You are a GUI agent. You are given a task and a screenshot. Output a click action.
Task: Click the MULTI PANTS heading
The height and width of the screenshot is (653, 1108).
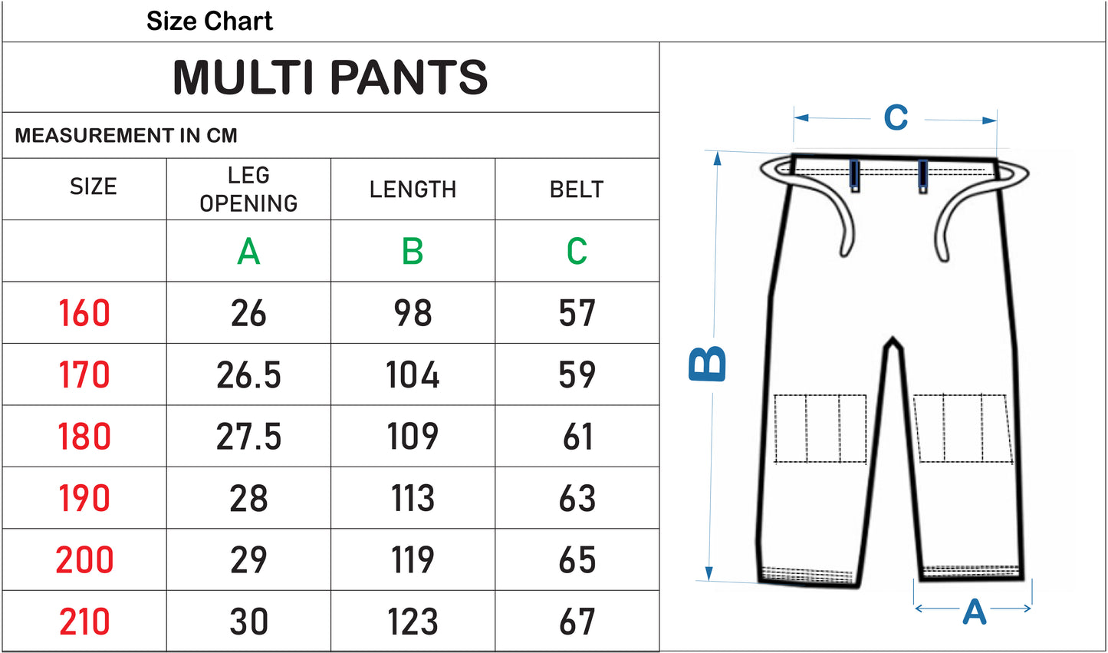pyautogui.click(x=330, y=78)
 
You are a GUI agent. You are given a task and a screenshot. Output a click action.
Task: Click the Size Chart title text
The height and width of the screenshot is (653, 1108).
pyautogui.click(x=209, y=21)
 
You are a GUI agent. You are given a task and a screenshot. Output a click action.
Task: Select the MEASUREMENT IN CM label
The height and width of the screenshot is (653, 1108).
pyautogui.click(x=127, y=136)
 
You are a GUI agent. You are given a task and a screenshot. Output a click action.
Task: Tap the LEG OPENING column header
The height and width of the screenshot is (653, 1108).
pyautogui.click(x=248, y=189)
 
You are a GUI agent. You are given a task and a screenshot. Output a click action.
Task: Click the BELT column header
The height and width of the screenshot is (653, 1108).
pyautogui.click(x=577, y=190)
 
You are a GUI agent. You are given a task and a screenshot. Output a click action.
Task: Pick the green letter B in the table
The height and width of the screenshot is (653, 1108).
pyautogui.click(x=413, y=251)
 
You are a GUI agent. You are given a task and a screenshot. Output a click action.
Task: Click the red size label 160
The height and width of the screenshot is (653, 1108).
pyautogui.click(x=84, y=313)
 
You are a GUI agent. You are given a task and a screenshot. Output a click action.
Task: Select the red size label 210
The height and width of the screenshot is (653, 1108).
pyautogui.click(x=84, y=622)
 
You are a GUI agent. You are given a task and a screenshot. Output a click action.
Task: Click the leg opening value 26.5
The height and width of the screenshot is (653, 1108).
pyautogui.click(x=248, y=375)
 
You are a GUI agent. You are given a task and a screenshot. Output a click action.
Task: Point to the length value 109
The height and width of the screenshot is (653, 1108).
pyautogui.click(x=413, y=437)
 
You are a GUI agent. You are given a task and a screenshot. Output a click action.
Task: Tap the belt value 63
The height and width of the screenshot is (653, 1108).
pyautogui.click(x=577, y=499)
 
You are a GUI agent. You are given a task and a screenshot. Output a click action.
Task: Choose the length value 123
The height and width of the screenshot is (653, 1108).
pyautogui.click(x=413, y=622)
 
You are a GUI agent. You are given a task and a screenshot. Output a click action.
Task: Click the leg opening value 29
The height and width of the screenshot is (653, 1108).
pyautogui.click(x=248, y=560)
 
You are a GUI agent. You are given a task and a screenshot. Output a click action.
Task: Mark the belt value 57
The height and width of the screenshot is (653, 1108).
pyautogui.click(x=577, y=313)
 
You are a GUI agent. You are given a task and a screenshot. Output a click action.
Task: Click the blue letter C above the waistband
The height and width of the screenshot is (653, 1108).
pyautogui.click(x=896, y=118)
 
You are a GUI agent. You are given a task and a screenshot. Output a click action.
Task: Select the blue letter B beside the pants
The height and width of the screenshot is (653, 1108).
pyautogui.click(x=707, y=363)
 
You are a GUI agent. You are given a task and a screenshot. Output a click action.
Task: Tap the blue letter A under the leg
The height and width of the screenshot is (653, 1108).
pyautogui.click(x=974, y=612)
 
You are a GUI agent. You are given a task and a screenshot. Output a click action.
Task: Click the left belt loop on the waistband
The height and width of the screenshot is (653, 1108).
pyautogui.click(x=855, y=175)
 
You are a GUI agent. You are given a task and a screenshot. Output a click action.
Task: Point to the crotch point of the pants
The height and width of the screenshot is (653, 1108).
pyautogui.click(x=892, y=341)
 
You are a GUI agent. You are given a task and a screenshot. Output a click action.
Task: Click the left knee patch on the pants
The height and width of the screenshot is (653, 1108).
pyautogui.click(x=820, y=429)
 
